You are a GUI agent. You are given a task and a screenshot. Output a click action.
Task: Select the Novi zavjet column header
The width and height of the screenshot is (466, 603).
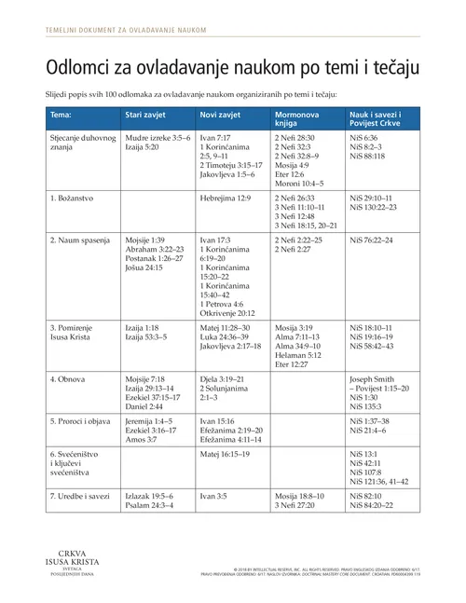click(221, 115)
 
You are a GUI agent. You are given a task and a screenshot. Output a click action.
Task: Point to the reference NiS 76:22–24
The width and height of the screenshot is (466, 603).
click(371, 240)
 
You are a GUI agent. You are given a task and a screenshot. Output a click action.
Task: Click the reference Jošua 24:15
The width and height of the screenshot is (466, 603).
click(149, 267)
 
